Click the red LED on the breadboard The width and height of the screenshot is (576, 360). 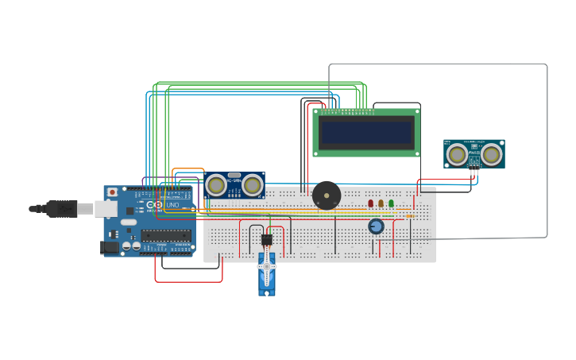370,203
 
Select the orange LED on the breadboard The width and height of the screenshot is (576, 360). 381,203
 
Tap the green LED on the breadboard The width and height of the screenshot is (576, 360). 391,203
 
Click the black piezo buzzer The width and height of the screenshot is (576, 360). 327,195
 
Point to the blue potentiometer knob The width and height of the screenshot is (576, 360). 377,226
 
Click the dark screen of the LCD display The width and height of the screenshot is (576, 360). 366,132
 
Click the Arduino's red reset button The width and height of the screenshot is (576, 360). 113,192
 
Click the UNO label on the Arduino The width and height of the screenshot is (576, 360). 172,205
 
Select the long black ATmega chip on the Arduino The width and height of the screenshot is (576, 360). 166,235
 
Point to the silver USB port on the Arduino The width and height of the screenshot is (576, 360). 106,209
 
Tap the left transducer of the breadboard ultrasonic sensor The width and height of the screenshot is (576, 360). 215,185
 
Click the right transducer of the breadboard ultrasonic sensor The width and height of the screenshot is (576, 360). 253,185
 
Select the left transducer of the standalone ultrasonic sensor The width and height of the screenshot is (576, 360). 456,154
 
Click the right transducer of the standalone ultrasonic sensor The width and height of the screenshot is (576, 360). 492,154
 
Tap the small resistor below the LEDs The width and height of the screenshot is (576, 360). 410,215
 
